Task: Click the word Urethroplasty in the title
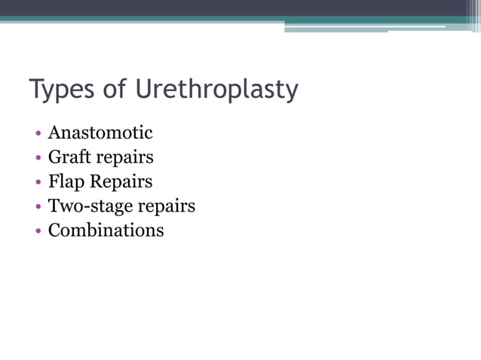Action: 217,90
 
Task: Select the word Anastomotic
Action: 100,133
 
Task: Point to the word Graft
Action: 67,157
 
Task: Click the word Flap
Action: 65,182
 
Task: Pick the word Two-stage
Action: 85,206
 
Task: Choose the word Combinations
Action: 106,230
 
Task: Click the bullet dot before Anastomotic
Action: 38,134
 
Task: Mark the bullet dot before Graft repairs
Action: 38,158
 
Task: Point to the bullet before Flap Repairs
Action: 38,182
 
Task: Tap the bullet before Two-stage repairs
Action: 38,206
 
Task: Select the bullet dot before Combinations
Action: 38,230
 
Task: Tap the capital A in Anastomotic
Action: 54,133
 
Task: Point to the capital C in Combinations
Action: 54,230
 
